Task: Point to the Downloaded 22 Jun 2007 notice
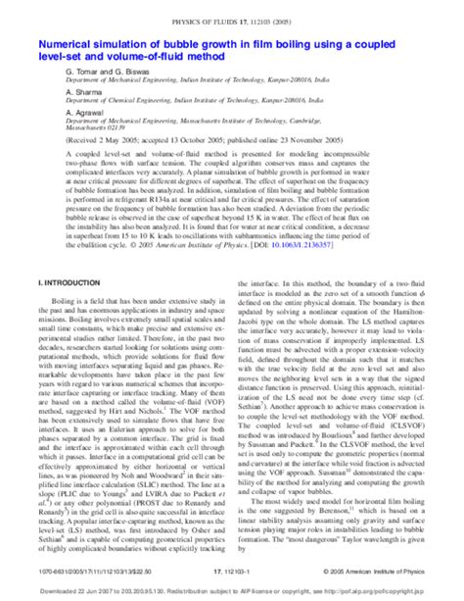pos(78,591)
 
